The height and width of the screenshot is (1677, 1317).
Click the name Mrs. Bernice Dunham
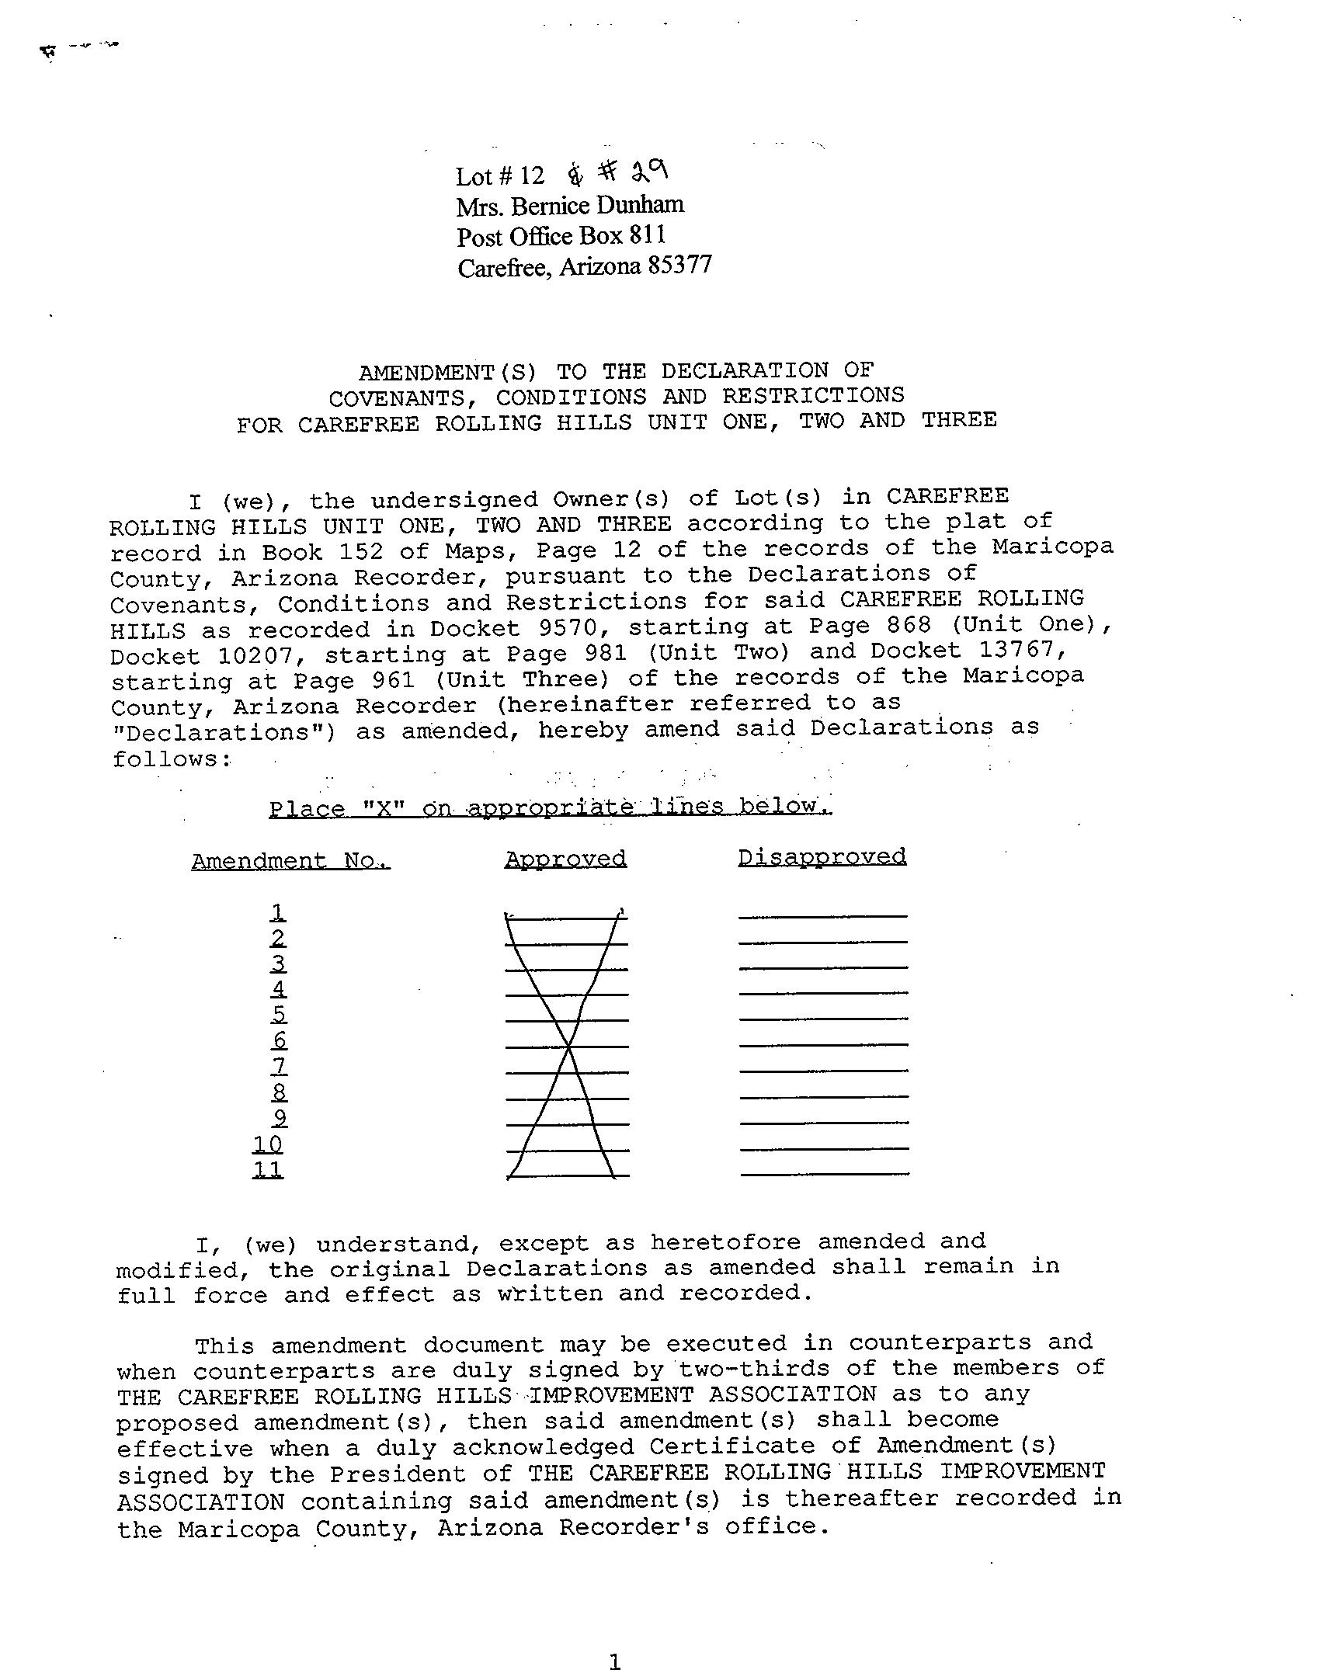coord(570,206)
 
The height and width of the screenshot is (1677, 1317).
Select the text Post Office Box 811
coord(561,236)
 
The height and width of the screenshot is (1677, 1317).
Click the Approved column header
coord(565,859)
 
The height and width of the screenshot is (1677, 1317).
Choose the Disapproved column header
coord(822,856)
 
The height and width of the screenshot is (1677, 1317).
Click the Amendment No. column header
coord(290,861)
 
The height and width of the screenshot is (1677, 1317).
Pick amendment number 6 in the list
coord(280,1040)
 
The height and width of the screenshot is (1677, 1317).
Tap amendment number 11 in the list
coord(268,1169)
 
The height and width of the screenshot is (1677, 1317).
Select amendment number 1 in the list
coord(278,911)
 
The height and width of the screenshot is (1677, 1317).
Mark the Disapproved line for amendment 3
coord(823,967)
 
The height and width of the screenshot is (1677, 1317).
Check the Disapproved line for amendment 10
coord(824,1148)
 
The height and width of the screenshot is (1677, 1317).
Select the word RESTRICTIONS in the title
coord(813,395)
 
